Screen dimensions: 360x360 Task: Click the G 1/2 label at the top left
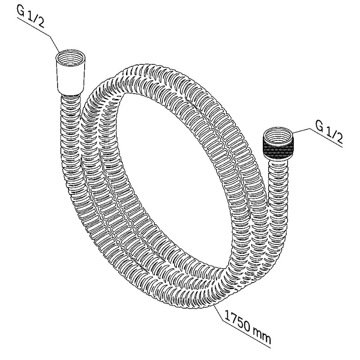[x=31, y=17]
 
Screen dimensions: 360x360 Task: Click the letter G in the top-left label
[x=21, y=11]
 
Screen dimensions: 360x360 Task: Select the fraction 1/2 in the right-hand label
[x=334, y=135]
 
